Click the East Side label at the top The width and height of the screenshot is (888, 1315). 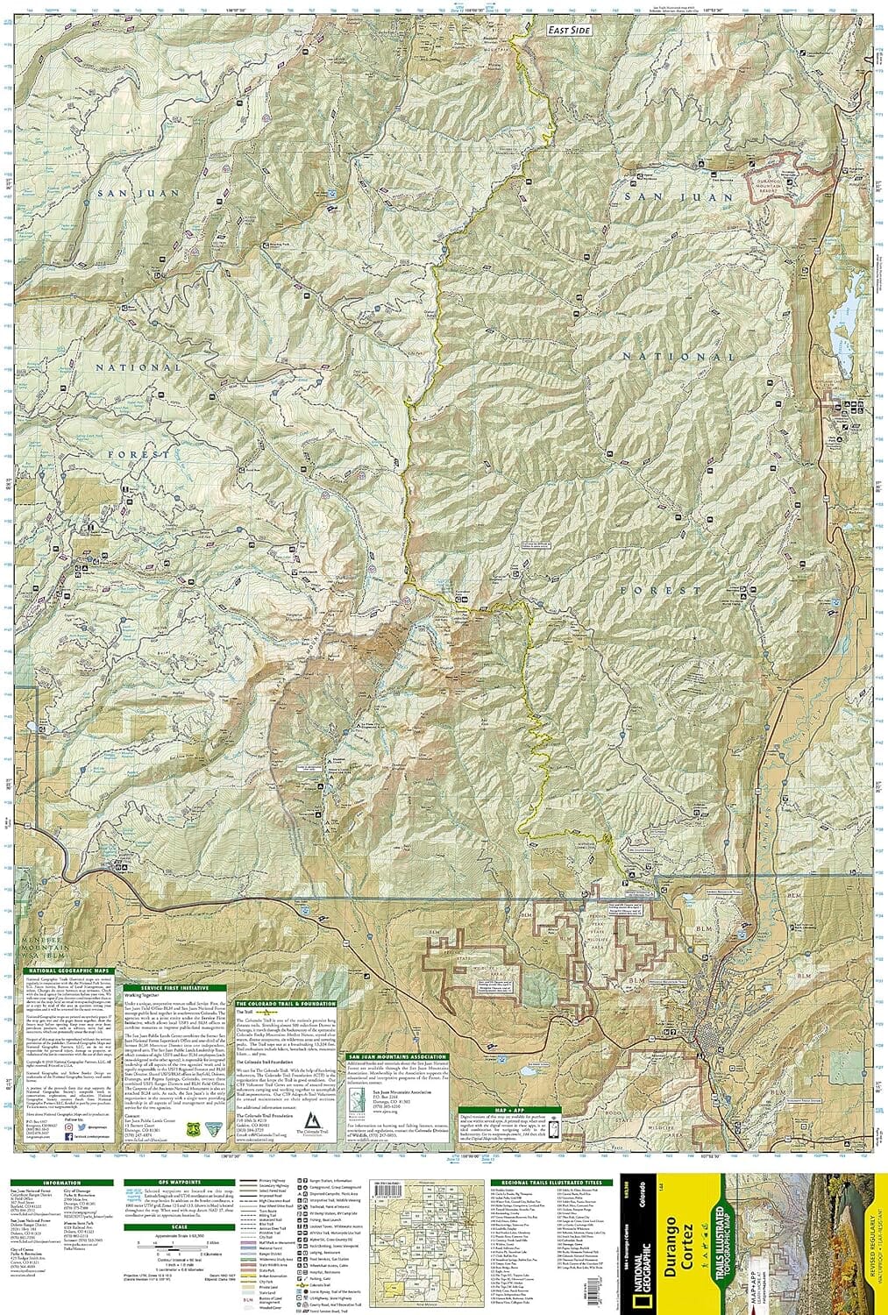tap(567, 30)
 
